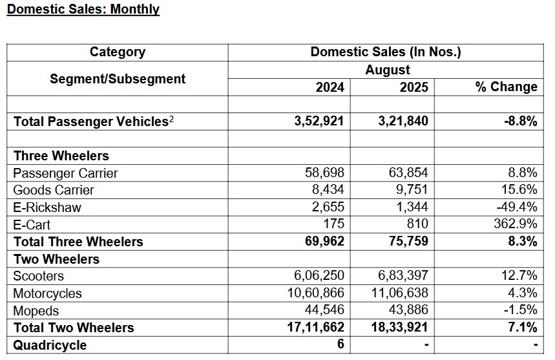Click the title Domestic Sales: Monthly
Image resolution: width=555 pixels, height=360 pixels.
(83, 9)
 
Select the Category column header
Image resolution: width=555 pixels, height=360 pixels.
(117, 52)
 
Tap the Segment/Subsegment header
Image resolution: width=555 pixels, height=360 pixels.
(117, 79)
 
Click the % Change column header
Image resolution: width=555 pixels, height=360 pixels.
(506, 87)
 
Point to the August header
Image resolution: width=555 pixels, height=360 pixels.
(387, 70)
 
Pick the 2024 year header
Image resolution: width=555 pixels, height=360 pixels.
(330, 87)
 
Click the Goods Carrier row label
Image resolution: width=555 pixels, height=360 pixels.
(54, 190)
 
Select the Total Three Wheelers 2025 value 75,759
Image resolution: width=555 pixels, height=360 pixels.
(406, 242)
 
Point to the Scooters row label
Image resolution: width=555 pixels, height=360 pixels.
(39, 276)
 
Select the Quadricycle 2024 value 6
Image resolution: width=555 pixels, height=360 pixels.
(340, 344)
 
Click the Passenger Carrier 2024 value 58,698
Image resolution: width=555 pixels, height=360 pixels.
(325, 173)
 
